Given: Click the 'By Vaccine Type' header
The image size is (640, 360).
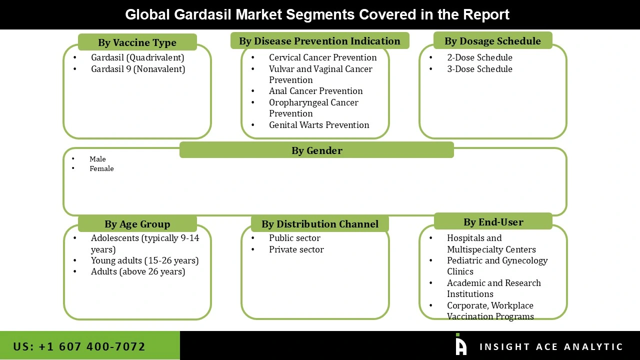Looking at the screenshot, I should [x=137, y=42].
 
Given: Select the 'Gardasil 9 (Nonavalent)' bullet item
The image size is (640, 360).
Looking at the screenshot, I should [x=137, y=69].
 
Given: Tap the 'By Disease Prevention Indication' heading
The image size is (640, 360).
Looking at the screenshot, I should [x=319, y=41].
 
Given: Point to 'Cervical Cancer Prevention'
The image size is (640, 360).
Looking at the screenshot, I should [x=322, y=57].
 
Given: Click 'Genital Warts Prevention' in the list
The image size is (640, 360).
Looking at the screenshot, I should [x=319, y=125].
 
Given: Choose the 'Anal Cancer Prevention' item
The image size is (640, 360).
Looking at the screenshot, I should [x=315, y=91].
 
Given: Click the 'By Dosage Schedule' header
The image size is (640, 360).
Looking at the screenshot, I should [x=492, y=41].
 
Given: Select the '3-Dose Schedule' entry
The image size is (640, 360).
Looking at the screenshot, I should [x=479, y=69].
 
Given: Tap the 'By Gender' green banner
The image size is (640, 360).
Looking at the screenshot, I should [x=316, y=150].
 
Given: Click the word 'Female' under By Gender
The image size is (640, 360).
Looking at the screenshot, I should [x=101, y=168].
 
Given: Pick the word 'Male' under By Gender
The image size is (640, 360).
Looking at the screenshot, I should [x=97, y=159].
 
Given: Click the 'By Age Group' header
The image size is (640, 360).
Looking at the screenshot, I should [x=137, y=224].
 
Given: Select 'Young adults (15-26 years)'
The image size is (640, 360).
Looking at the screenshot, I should [x=144, y=260].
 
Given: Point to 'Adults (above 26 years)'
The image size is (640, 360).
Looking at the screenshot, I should [x=138, y=271].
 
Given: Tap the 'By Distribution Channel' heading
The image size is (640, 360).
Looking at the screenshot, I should [x=319, y=224].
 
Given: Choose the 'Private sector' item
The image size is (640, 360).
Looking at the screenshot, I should [x=296, y=249].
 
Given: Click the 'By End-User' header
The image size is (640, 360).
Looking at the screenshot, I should [x=493, y=222].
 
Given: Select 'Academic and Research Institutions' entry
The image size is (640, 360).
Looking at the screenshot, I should [x=493, y=288].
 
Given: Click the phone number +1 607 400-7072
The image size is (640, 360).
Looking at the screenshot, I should [x=79, y=346].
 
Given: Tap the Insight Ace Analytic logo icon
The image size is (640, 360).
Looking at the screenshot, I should [x=460, y=345].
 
